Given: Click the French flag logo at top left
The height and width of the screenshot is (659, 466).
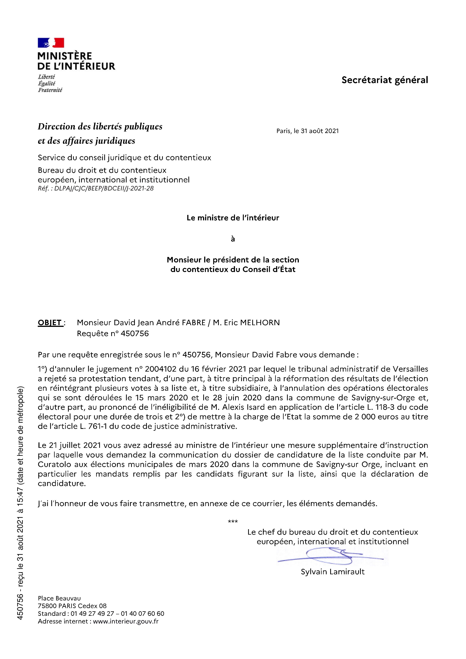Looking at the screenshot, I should coord(51,43).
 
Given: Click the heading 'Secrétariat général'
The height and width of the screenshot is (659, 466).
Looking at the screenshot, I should coord(384,80).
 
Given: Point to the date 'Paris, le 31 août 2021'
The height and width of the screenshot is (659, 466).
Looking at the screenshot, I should coord(307,131).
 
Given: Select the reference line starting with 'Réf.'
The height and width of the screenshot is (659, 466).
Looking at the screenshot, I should coord(96,188).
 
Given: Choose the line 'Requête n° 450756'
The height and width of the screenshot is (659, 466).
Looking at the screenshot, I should coord(113,333).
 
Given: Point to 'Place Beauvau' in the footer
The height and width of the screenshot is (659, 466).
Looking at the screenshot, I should coord(59,598).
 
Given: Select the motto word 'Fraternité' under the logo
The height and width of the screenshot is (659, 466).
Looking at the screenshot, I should coord(50,90).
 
